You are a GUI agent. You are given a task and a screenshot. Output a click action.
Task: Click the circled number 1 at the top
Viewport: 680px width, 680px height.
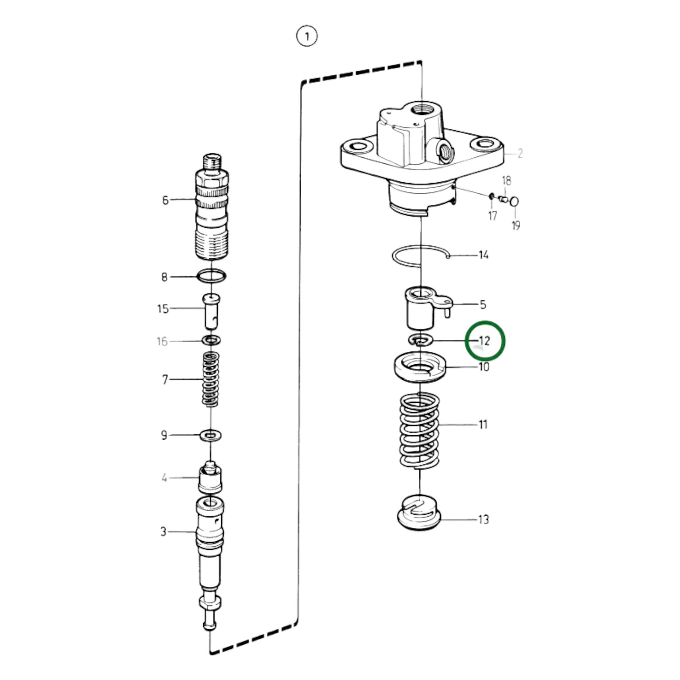(x=307, y=36)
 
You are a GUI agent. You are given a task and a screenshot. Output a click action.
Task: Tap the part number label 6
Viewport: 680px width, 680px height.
(x=165, y=200)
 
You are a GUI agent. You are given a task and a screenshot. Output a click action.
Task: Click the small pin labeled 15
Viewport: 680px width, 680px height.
(x=211, y=311)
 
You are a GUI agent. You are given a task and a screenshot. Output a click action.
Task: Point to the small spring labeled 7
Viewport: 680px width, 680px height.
(x=210, y=379)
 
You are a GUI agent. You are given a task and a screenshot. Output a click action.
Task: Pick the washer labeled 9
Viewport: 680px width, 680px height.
(x=211, y=435)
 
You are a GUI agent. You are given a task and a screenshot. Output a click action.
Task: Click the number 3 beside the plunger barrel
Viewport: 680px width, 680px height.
(x=163, y=532)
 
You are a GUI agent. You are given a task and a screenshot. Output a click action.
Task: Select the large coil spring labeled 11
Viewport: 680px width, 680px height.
(x=419, y=431)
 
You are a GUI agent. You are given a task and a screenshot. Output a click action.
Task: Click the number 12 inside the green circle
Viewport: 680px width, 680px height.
(x=484, y=341)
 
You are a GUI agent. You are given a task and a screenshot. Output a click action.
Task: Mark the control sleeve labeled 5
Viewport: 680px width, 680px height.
(x=420, y=309)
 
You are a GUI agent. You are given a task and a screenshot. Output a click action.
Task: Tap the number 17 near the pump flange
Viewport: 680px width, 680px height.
(x=492, y=216)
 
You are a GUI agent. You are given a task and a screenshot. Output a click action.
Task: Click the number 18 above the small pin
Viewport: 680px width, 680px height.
(x=506, y=181)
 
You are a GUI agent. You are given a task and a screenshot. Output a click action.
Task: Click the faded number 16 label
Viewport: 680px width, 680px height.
(x=162, y=341)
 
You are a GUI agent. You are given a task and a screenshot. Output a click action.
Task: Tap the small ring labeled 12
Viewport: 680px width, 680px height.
(x=419, y=340)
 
